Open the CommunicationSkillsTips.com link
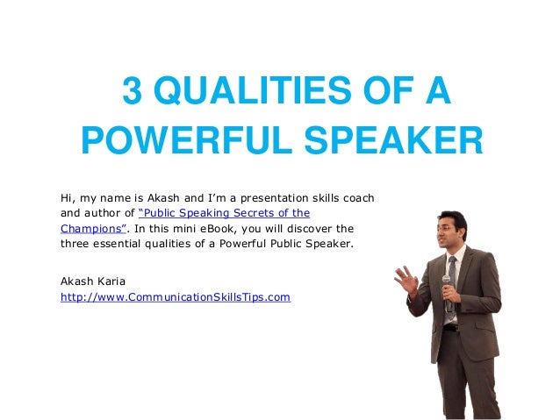coord(175,297)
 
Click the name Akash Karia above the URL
coord(92,281)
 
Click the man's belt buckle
coord(449,326)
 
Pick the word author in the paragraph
coord(104,212)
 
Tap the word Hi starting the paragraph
coord(67,196)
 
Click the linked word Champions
coord(87,228)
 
